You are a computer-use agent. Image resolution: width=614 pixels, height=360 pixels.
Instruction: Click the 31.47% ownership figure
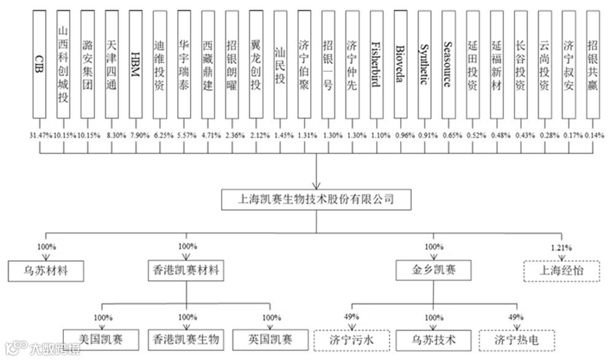[39, 135]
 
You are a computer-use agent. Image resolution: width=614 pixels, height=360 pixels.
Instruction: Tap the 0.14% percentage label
[593, 135]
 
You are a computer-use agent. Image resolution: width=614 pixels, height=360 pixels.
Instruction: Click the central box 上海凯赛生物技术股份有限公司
[316, 199]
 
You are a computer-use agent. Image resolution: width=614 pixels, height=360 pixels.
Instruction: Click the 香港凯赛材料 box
[185, 270]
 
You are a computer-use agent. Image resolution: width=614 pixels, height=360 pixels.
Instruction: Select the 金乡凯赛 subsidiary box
[434, 270]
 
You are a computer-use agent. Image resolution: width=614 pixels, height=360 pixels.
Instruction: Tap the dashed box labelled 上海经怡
[561, 270]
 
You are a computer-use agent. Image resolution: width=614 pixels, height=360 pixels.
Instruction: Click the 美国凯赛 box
[102, 338]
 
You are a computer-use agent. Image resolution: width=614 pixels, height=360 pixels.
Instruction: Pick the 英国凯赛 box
[271, 338]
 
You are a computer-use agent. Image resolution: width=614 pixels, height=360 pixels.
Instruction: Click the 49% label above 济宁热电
[516, 317]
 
